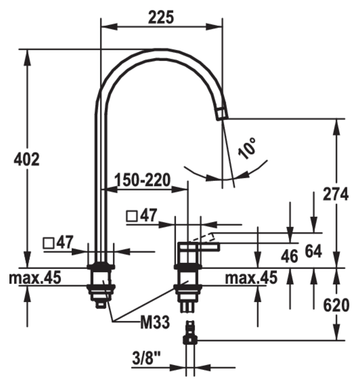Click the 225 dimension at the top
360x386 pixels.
coord(161,17)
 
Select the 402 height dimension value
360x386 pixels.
coord(27,159)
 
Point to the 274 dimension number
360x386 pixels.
coord(336,194)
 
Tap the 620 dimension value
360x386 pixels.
coord(336,305)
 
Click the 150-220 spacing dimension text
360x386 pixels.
coord(143,180)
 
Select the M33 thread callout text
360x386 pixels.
coord(155,322)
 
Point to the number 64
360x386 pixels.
coord(314,251)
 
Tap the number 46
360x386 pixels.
coord(290,256)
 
